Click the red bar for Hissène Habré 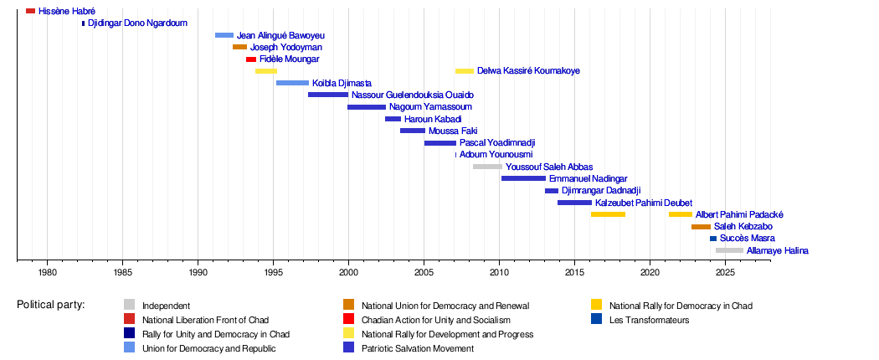point(30,11)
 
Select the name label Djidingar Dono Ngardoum point(137,23)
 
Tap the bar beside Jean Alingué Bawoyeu point(224,35)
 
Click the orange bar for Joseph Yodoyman point(239,47)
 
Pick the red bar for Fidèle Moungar point(250,59)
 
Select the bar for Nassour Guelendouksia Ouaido point(327,95)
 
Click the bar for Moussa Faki point(412,131)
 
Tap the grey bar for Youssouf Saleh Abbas point(487,167)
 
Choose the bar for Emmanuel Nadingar point(523,178)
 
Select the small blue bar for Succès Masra point(713,239)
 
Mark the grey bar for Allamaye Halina point(729,250)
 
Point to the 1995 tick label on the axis point(273,272)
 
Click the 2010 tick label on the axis point(499,272)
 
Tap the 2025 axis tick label point(725,272)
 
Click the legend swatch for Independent point(129,306)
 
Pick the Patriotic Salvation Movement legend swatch point(348,347)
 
